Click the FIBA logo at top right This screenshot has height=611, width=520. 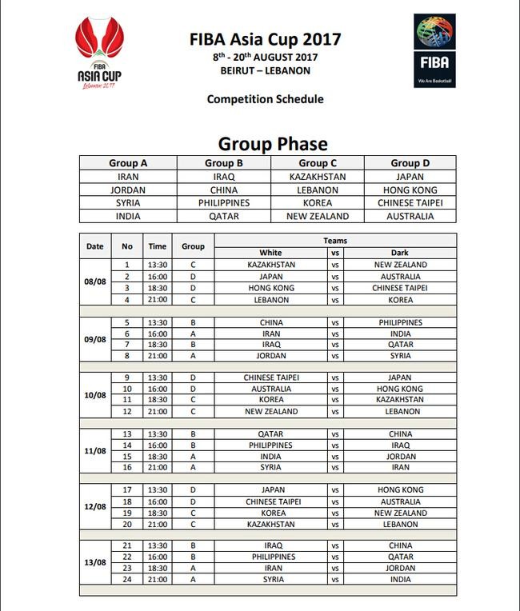pos(434,50)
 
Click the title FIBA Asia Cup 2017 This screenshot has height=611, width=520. pos(266,38)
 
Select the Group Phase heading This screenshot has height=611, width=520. pos(273,144)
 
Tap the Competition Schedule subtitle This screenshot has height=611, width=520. pos(266,99)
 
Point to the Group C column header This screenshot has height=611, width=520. pos(318,163)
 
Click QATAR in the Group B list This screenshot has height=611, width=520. pos(224,216)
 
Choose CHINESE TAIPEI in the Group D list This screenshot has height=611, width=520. pos(410,203)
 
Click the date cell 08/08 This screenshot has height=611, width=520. pos(96,282)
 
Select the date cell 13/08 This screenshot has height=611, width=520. pos(96,562)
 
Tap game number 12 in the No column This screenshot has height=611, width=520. pos(126,412)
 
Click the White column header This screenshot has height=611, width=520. pos(270,253)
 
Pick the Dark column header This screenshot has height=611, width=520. pos(400,253)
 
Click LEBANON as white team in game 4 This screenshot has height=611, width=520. pos(270,300)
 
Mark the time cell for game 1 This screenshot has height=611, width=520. pos(158,265)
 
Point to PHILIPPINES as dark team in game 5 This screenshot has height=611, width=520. pos(400,323)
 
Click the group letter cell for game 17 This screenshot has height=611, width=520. pos(193,490)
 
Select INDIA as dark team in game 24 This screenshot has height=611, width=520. pos(400,580)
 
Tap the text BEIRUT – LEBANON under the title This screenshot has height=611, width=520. pos(266,70)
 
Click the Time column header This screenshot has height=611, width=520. pos(158,246)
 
